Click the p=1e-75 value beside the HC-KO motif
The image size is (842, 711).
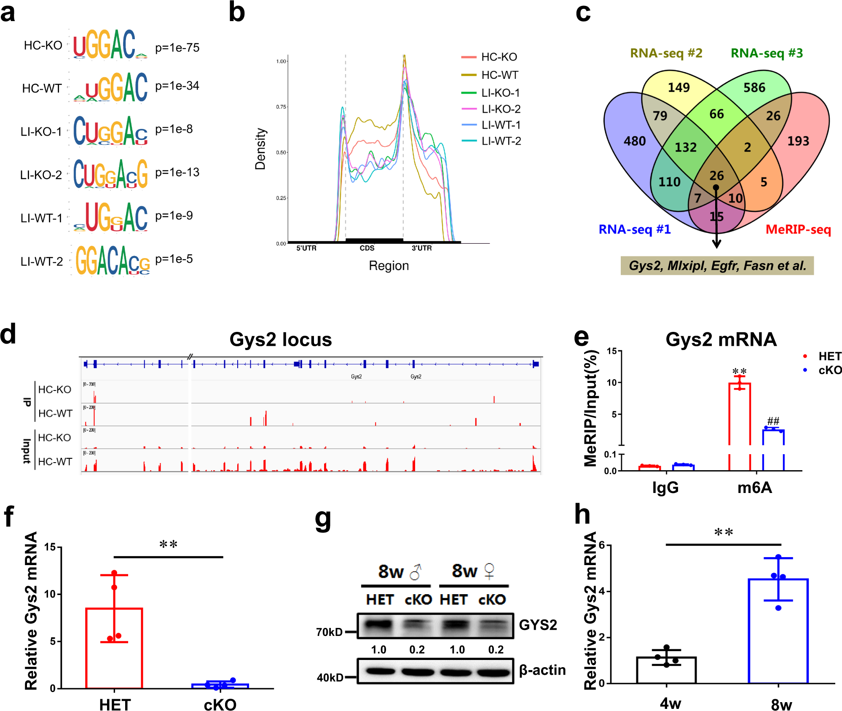[177, 48]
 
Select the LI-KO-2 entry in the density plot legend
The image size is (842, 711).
[501, 109]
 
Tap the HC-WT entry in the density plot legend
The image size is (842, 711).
[499, 75]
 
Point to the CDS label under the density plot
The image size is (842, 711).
[367, 248]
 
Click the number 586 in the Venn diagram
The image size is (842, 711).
[754, 88]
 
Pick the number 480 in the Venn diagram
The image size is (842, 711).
[634, 141]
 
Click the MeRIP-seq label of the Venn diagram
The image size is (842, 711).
[798, 229]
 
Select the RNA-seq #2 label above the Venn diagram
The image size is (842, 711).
[666, 53]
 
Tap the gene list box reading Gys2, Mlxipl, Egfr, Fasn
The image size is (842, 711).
[717, 266]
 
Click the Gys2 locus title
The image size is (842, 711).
[281, 339]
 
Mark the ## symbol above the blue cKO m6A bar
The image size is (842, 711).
[773, 421]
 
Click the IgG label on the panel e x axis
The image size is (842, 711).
[665, 487]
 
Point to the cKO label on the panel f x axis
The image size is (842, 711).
[220, 705]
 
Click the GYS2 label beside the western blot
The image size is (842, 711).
[538, 625]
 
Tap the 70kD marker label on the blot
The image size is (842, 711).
[329, 632]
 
